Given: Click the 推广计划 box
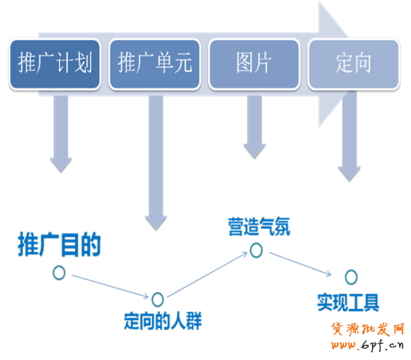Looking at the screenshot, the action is click(55, 64).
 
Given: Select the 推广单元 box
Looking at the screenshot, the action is click(155, 64).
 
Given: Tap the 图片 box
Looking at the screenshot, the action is click(254, 64).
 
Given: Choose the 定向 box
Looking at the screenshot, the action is click(354, 64).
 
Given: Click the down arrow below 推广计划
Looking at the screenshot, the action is click(61, 134).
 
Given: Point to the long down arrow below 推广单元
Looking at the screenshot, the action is click(156, 162).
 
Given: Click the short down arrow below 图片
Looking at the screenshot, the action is click(254, 127).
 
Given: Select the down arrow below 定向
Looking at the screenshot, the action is click(350, 136).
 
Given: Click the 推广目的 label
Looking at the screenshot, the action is click(59, 244).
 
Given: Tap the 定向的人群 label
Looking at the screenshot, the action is click(162, 321).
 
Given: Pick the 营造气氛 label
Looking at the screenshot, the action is click(259, 226).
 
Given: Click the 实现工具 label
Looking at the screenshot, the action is click(348, 303).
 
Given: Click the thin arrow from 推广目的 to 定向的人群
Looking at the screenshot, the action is click(110, 286).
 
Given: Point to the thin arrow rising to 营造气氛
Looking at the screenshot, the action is click(207, 274).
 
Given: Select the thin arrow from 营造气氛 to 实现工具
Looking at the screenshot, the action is click(300, 264).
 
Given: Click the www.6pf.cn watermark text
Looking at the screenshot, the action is click(367, 345).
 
